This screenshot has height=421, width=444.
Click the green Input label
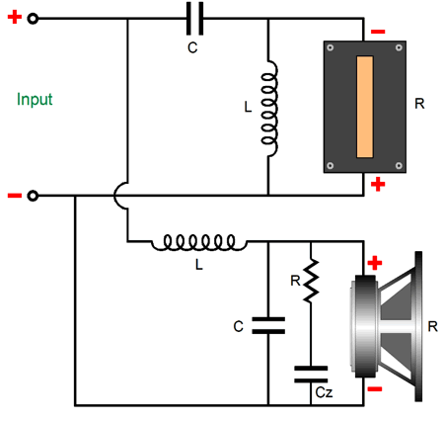(x=35, y=99)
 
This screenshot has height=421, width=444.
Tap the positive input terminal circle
(x=33, y=19)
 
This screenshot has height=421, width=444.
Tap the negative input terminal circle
(x=33, y=196)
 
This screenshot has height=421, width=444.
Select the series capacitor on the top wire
(x=195, y=19)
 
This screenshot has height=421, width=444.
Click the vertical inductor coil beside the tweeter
(x=269, y=109)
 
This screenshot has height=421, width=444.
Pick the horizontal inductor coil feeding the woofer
(x=198, y=243)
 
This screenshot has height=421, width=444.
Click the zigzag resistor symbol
(x=311, y=281)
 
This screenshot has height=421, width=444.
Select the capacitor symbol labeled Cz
(x=311, y=375)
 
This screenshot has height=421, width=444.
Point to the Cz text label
(x=324, y=392)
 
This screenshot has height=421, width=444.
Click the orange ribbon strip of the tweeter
(x=365, y=107)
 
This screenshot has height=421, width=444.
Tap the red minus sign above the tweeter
(x=378, y=32)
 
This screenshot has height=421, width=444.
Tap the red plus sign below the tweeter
(x=378, y=184)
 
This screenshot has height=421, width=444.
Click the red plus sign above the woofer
(x=375, y=263)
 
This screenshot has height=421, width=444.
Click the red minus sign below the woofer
(x=375, y=389)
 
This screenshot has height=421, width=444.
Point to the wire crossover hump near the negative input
(x=115, y=196)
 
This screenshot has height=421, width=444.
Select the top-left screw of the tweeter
(x=331, y=47)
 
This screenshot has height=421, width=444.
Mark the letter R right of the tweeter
(x=419, y=104)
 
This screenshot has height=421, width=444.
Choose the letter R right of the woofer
(x=432, y=326)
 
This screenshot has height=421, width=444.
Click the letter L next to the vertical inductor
(x=248, y=107)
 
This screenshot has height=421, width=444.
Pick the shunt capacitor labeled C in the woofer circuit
(x=268, y=325)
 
